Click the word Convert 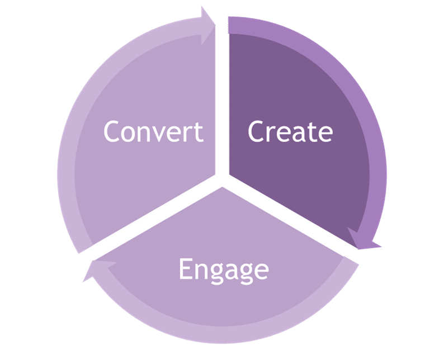pos(153,132)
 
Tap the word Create pos(290,132)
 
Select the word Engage pos(223,270)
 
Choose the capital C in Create pos(256,132)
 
